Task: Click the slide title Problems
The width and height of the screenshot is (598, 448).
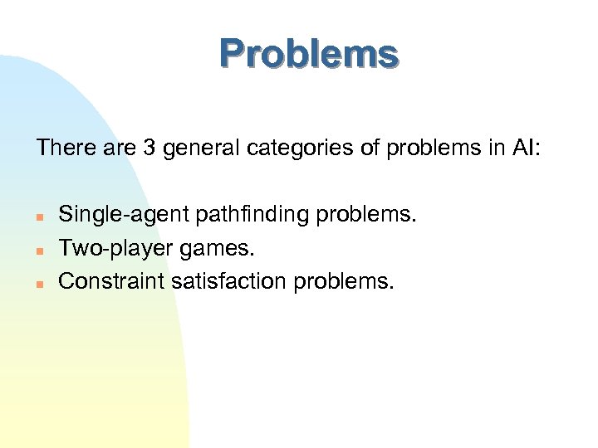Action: pyautogui.click(x=309, y=54)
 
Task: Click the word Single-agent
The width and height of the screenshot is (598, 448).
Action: pyautogui.click(x=124, y=216)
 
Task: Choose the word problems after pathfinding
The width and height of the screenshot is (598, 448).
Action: pyautogui.click(x=366, y=216)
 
